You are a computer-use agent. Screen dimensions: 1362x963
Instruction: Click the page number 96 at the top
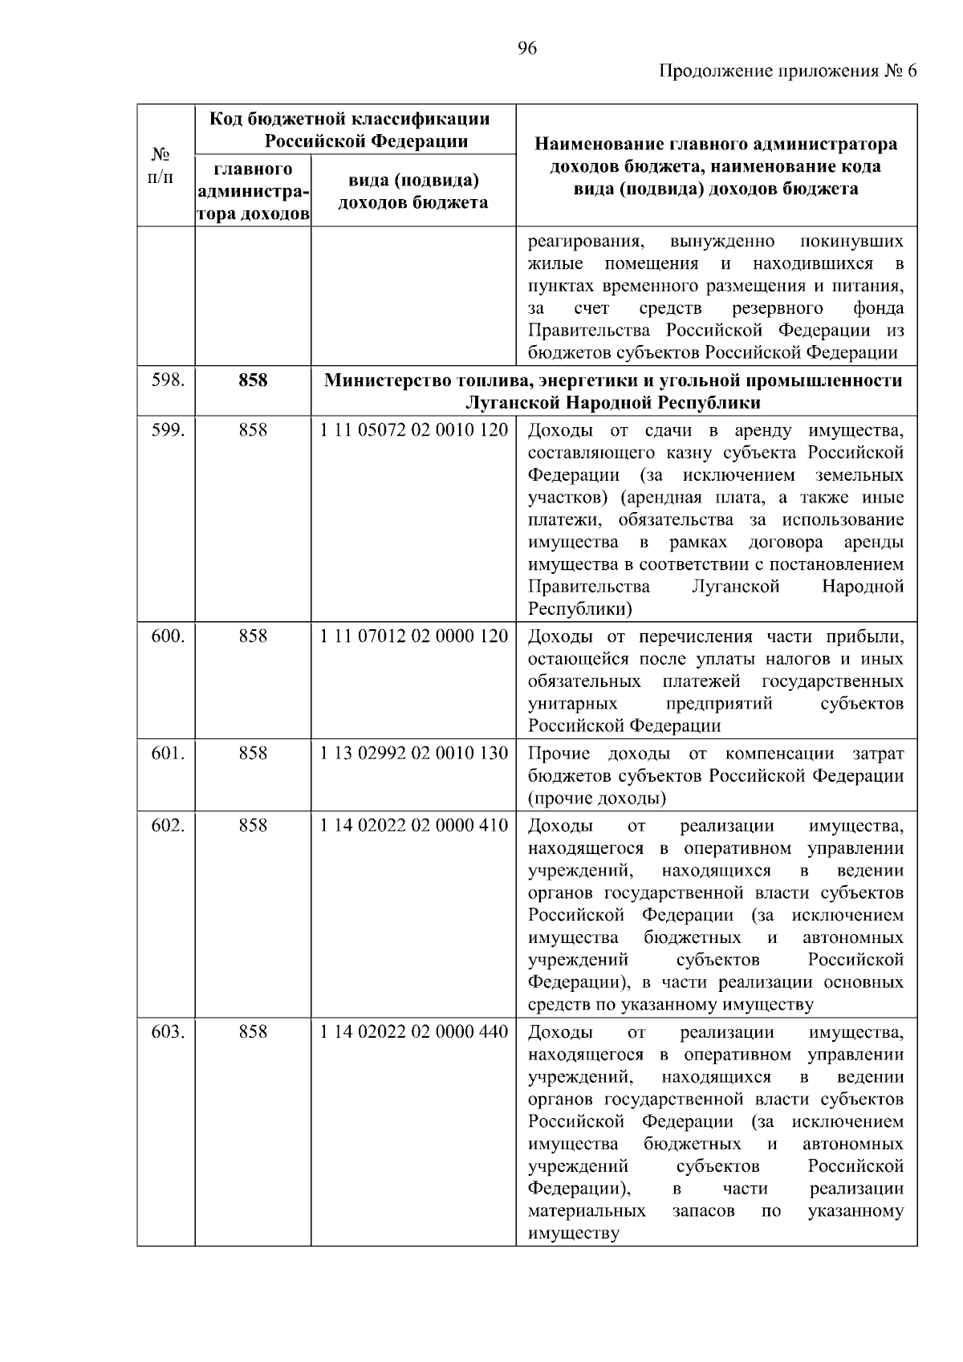tap(526, 48)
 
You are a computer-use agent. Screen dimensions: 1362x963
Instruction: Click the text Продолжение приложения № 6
tap(787, 71)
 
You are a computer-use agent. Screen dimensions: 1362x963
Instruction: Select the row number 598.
tap(167, 380)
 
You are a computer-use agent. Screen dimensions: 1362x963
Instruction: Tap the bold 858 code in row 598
tap(253, 380)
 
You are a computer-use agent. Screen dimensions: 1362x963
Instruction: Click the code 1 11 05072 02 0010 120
tap(413, 430)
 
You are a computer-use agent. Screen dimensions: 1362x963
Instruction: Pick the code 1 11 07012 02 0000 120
tap(413, 636)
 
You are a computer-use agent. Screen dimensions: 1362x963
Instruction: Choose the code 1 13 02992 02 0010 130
tap(413, 754)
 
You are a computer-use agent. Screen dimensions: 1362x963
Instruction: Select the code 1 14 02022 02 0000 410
tap(413, 826)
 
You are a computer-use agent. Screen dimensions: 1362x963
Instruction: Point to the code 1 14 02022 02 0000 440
tap(413, 1032)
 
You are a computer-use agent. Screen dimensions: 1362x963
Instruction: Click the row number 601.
tap(167, 754)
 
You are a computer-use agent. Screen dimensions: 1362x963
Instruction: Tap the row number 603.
tap(167, 1032)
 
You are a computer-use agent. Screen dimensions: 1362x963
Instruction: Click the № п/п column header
tap(161, 165)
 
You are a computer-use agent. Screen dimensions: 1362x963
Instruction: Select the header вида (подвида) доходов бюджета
tap(412, 191)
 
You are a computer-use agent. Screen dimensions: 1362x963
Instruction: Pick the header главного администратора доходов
tap(253, 192)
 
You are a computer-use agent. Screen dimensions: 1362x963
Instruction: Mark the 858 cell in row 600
tap(253, 636)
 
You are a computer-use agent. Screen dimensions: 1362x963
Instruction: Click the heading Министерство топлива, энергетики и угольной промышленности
tap(613, 380)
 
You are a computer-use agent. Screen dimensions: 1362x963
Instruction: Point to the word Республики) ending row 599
tap(579, 609)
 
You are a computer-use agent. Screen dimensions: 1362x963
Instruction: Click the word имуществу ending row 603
tap(573, 1234)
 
